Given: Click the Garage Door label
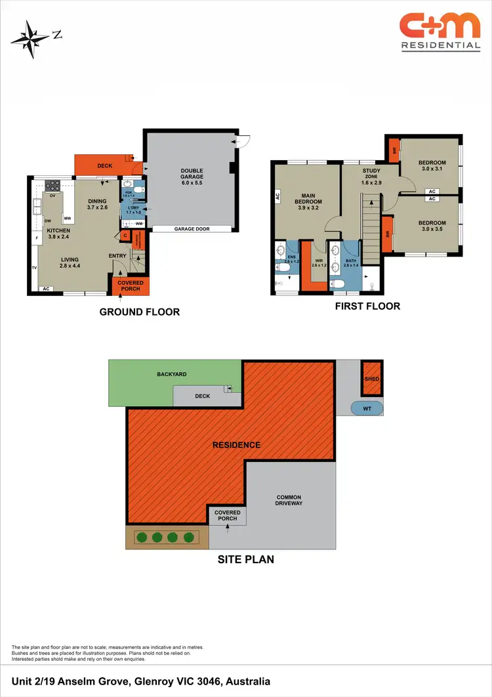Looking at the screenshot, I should [192, 229].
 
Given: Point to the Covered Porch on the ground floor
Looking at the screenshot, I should [130, 286].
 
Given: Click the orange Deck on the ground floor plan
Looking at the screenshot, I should [105, 166].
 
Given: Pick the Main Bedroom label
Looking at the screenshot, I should [309, 199].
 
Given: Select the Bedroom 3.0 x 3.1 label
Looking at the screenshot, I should [432, 166].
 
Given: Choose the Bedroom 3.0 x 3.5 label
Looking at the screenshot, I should [432, 226].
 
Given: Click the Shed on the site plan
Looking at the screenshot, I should [372, 379].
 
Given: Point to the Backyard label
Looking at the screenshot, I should [172, 374].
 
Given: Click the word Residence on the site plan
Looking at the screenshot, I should [236, 445].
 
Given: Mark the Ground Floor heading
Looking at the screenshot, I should [139, 312].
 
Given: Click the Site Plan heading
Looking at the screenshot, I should [245, 560].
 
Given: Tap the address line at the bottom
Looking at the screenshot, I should [141, 682].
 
